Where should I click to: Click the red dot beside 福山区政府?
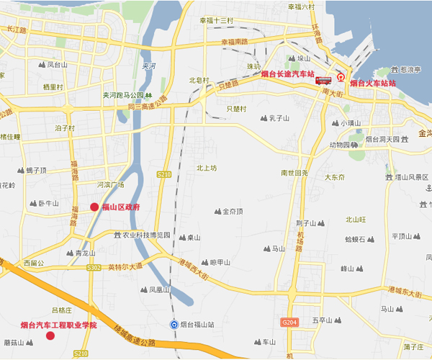point(94,207)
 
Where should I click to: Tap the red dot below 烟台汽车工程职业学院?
point(50,336)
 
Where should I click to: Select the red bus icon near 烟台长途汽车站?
point(323,81)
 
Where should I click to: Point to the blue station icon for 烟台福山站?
point(174,325)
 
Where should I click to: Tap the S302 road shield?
point(93,267)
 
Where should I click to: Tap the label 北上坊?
point(207,167)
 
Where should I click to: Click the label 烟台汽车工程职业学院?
point(58,325)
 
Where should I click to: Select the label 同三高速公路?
point(152,107)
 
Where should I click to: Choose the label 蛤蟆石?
point(359,239)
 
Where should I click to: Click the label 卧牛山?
point(48,204)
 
